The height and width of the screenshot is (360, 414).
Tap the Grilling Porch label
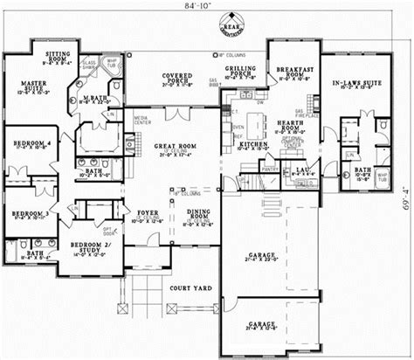239,72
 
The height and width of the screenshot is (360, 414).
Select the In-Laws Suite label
353,84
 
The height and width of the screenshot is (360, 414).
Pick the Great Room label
175,149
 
